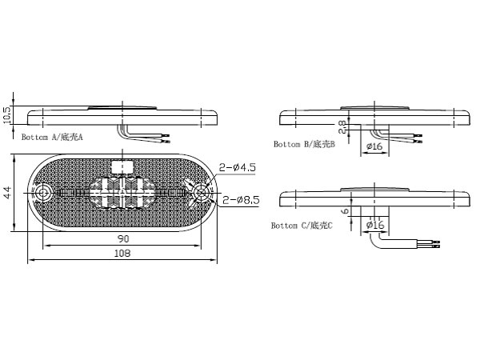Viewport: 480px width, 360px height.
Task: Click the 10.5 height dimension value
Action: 8,114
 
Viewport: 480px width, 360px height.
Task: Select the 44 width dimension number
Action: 8,192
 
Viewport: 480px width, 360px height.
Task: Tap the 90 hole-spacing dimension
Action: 123,238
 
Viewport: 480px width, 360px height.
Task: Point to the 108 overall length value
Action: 122,253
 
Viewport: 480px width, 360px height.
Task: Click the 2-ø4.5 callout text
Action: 237,167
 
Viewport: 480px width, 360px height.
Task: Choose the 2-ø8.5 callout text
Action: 241,200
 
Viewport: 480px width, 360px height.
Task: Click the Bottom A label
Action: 52,137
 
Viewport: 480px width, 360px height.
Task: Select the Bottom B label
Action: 304,144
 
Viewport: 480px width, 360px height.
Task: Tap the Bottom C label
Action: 302,226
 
